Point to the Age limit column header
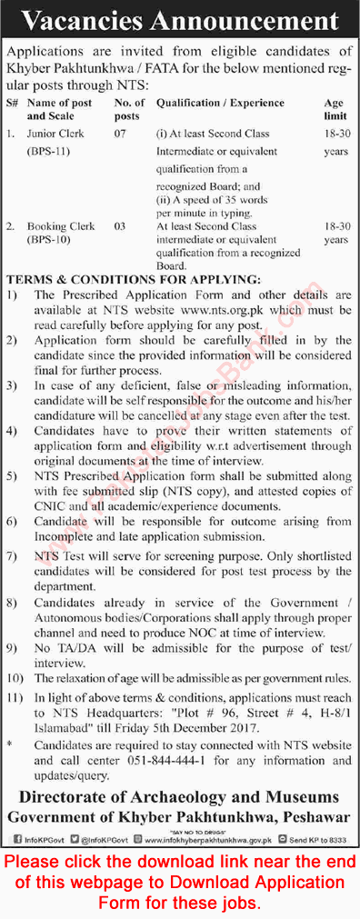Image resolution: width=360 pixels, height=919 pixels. (335, 109)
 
